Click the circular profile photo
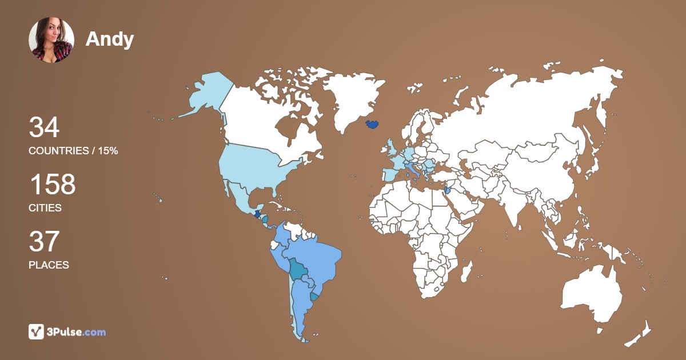51,39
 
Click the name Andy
110,39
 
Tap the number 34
44,127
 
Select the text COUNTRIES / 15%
73,151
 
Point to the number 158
52,185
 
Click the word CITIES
45,208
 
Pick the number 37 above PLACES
44,242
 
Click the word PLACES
49,265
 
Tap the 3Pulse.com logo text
77,332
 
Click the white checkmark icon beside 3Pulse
36,331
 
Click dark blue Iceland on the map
372,123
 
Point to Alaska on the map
206,94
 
